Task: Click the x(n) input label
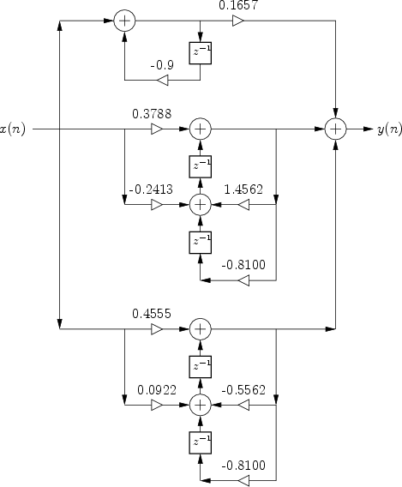[x=12, y=129]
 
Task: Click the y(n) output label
[x=390, y=129]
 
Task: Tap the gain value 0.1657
[x=238, y=5]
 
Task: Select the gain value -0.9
[x=162, y=65]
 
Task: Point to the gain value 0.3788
[x=152, y=114]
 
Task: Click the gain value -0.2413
[x=151, y=189]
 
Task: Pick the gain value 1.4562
[x=243, y=189]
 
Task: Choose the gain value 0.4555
[x=152, y=314]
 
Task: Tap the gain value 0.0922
[x=157, y=390]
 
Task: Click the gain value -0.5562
[x=243, y=390]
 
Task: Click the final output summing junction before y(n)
[x=335, y=129]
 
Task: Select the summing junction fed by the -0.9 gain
[x=124, y=21]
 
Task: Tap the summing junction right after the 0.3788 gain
[x=201, y=129]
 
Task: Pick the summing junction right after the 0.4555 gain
[x=201, y=329]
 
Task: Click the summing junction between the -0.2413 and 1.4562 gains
[x=201, y=205]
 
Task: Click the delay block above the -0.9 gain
[x=201, y=53]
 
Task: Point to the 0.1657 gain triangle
[x=238, y=21]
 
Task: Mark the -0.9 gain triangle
[x=162, y=80]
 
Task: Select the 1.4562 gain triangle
[x=243, y=205]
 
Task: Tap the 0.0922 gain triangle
[x=157, y=405]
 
